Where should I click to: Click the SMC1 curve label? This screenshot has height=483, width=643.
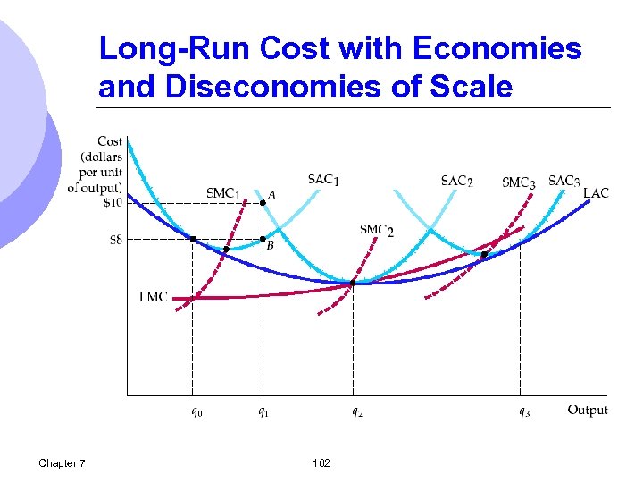pyautogui.click(x=223, y=193)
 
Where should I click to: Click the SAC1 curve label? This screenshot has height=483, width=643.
pyautogui.click(x=323, y=180)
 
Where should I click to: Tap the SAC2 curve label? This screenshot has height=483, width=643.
pyautogui.click(x=456, y=181)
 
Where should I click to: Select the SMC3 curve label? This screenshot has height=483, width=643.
pyautogui.click(x=519, y=182)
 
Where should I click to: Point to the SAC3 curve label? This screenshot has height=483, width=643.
pyautogui.click(x=564, y=181)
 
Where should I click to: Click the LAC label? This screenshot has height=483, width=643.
pyautogui.click(x=596, y=193)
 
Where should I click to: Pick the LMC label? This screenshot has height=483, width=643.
pyautogui.click(x=154, y=296)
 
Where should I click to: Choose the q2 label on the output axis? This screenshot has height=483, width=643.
pyautogui.click(x=355, y=412)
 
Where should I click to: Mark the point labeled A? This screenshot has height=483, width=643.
pyautogui.click(x=263, y=203)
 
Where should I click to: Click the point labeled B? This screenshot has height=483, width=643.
pyautogui.click(x=263, y=239)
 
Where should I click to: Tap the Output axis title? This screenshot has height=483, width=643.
pyautogui.click(x=588, y=411)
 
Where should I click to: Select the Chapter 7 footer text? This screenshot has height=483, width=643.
pyautogui.click(x=63, y=463)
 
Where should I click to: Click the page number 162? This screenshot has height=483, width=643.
pyautogui.click(x=321, y=463)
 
